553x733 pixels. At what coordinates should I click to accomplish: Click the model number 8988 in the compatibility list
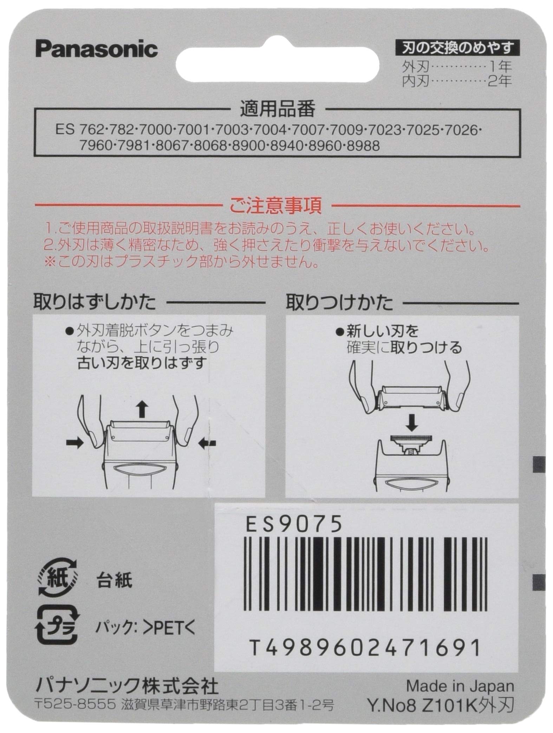click(363, 146)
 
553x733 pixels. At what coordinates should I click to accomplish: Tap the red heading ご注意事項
click(275, 207)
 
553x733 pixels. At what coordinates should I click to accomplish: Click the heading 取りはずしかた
click(95, 302)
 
